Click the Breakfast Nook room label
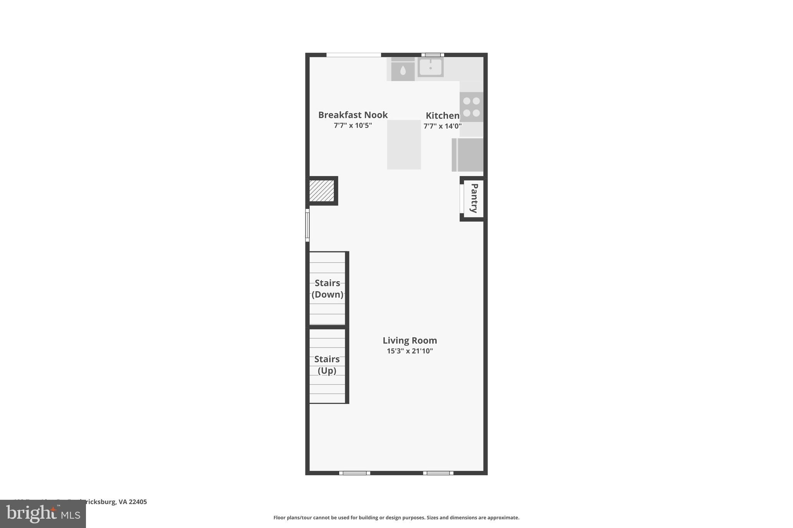click(x=353, y=115)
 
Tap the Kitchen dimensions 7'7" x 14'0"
click(x=442, y=126)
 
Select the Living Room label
click(x=410, y=340)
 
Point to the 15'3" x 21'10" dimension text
click(x=410, y=351)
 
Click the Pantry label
click(x=474, y=198)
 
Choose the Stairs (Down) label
click(x=327, y=289)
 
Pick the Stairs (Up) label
click(x=327, y=365)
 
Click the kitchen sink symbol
click(x=430, y=67)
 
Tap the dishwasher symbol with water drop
click(x=403, y=70)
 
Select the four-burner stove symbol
click(x=471, y=107)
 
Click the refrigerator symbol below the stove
click(x=468, y=155)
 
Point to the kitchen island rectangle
click(x=404, y=144)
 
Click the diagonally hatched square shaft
click(x=322, y=191)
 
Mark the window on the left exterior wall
click(x=307, y=225)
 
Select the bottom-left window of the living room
click(x=355, y=473)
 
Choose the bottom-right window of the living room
click(x=438, y=473)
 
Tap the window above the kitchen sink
click(x=433, y=55)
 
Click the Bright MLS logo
click(x=43, y=514)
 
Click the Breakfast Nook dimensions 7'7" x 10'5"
click(x=353, y=125)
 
